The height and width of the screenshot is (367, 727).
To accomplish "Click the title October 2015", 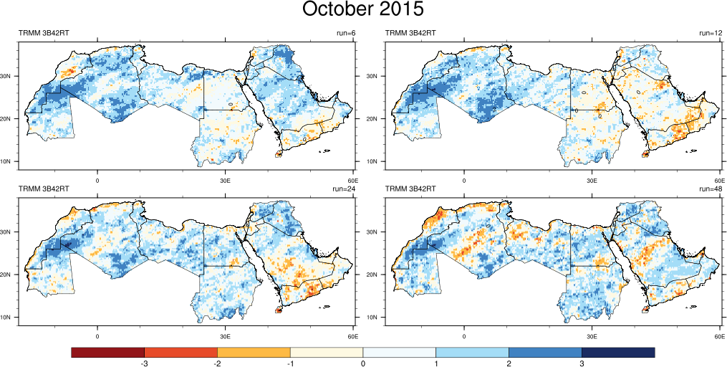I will point(363,9).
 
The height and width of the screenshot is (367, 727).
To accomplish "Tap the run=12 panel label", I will point(712,33).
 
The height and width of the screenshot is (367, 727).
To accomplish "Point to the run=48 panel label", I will point(711,189).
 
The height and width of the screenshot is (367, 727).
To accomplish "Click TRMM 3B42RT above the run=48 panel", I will point(410,189).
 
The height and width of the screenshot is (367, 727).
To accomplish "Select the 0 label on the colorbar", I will point(363,364).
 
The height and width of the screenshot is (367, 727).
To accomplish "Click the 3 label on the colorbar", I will point(582,364).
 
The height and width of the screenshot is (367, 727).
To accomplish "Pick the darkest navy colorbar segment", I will point(618,353).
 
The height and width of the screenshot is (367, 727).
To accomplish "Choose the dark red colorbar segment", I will point(108,353).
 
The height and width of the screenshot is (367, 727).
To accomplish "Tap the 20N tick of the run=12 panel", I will point(375,118).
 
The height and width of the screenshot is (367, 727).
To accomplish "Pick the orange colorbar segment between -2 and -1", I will point(254,353).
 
